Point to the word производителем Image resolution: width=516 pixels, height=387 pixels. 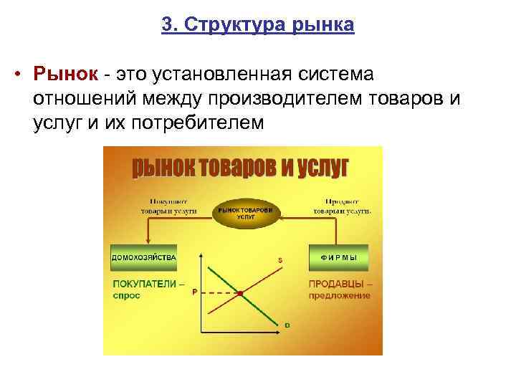[276, 98]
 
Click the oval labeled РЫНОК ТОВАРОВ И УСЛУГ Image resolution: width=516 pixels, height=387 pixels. [246, 213]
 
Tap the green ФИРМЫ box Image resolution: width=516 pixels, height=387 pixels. [338, 256]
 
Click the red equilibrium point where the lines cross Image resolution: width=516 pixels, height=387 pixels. [241, 293]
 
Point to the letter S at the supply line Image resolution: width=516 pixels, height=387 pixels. [279, 259]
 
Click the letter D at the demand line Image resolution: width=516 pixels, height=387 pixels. [287, 325]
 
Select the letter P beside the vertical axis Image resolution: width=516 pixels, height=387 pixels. [193, 292]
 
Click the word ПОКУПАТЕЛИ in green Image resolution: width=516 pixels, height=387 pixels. [143, 284]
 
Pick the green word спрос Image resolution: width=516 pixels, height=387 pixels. [126, 295]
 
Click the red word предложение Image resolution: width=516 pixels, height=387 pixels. [340, 295]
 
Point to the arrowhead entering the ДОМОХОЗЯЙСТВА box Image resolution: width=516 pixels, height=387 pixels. [147, 245]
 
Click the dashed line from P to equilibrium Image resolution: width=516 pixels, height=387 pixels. [219, 293]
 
